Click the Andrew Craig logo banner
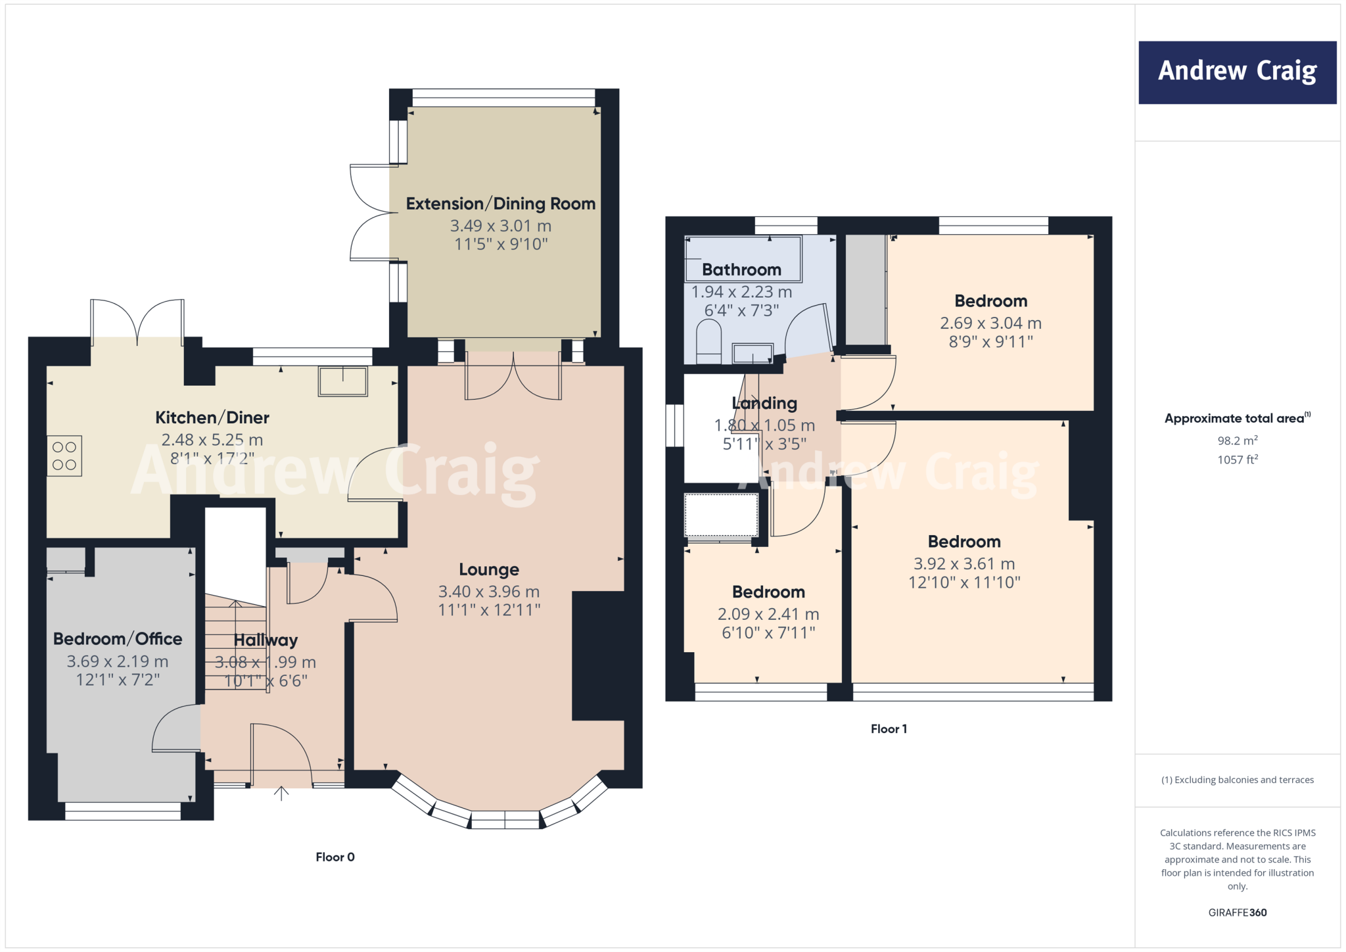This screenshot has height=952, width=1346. pos(1237,72)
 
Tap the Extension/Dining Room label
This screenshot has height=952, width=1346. pos(500,204)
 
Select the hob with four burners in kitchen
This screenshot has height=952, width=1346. pos(64,456)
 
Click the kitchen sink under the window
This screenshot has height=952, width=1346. pos(342,381)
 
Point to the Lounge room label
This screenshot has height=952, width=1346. pos(489,569)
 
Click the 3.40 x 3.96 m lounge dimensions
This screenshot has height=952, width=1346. pos(489,592)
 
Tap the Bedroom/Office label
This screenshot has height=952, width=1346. pos(118,639)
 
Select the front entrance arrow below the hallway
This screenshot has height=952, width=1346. pos(281,794)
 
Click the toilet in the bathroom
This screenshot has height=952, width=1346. pos(708,341)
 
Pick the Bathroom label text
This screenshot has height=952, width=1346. pos(741,270)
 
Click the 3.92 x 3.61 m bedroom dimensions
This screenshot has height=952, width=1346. pos(964,564)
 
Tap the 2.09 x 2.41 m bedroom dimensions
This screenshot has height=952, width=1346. pos(768,614)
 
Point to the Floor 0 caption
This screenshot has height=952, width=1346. pos(335,857)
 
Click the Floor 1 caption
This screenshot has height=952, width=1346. pos(889,728)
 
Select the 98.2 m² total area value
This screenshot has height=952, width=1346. pos(1237,440)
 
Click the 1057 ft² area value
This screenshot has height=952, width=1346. pos(1237,460)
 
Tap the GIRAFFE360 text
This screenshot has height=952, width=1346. pos(1237,913)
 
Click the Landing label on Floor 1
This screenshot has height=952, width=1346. pos(764,403)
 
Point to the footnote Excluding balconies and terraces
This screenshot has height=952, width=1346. pos(1237,780)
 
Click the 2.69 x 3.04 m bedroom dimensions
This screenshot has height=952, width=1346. pos(990,323)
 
